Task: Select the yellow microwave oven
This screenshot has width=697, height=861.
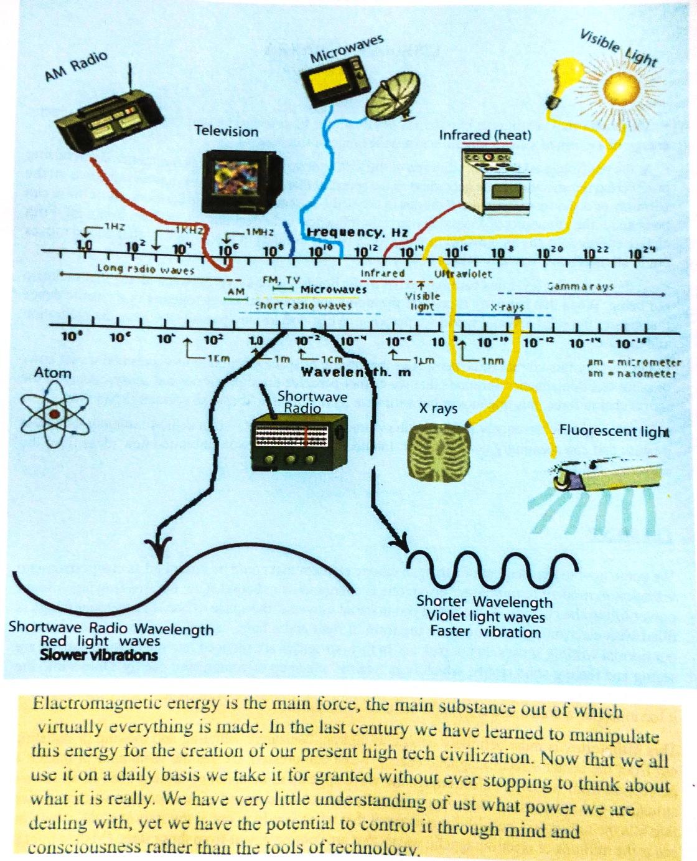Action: pyautogui.click(x=334, y=82)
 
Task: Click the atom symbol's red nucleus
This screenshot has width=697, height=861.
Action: pyautogui.click(x=55, y=414)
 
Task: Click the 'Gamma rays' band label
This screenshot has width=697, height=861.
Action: pyautogui.click(x=580, y=287)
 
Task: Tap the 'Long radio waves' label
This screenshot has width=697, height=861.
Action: pyautogui.click(x=146, y=270)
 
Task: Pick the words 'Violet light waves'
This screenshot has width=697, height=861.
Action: pyautogui.click(x=485, y=617)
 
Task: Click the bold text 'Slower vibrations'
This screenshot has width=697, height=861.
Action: pyautogui.click(x=98, y=655)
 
